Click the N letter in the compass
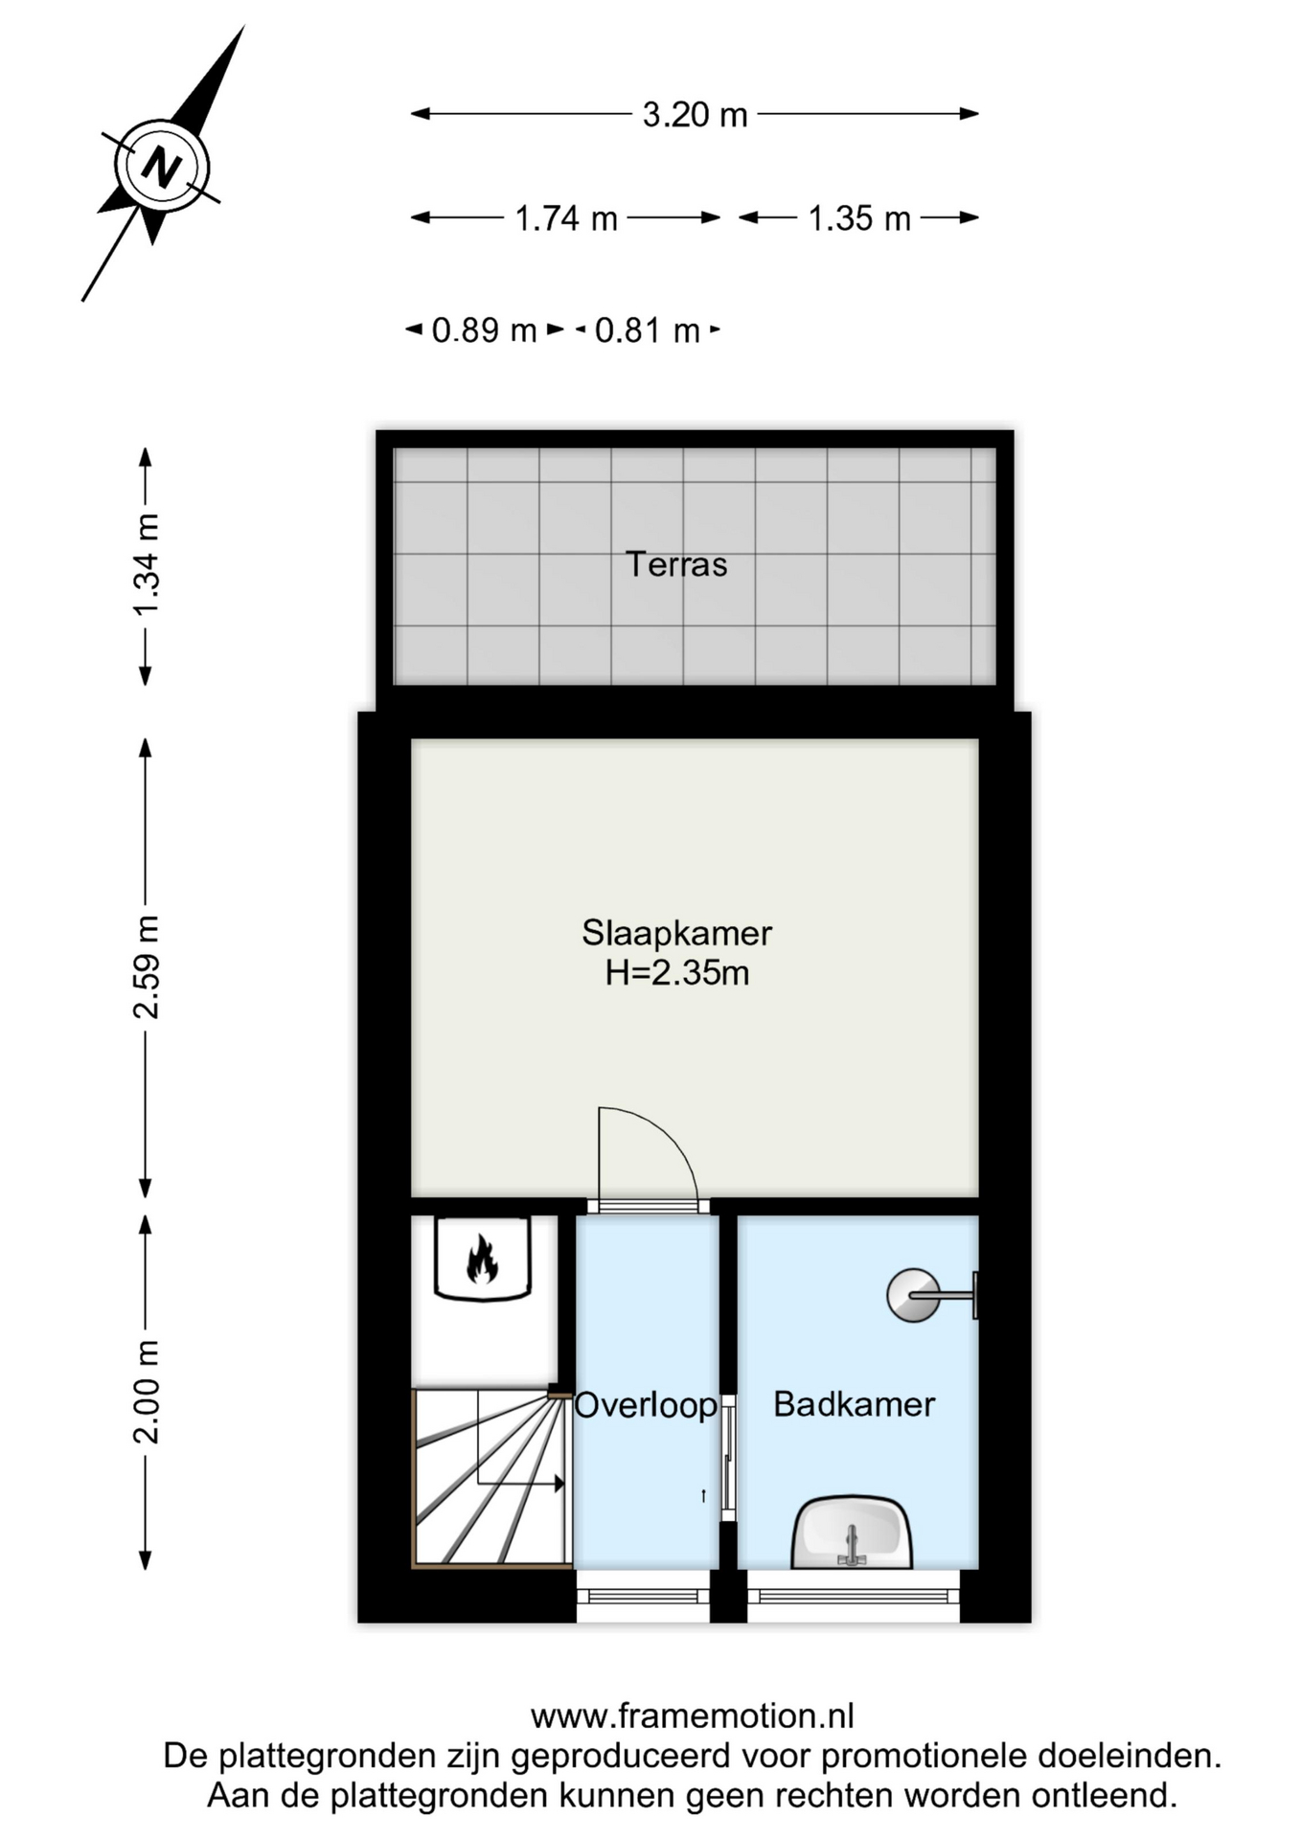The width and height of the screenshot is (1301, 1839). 161,168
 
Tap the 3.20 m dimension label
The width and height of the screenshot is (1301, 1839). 695,115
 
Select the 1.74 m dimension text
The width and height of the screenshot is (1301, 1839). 566,218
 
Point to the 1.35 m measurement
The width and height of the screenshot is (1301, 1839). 859,218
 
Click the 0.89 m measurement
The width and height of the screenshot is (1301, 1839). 484,330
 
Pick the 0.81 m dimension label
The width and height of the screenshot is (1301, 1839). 648,330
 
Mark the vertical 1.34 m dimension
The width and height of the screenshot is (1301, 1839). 147,566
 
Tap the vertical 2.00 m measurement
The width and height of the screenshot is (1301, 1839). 147,1392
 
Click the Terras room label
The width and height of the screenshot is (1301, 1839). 676,564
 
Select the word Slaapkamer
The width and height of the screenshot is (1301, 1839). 676,933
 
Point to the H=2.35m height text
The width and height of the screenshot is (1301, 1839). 676,973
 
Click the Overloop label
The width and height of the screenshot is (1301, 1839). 646,1405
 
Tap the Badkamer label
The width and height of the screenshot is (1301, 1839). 854,1404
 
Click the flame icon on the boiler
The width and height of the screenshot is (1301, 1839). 482,1259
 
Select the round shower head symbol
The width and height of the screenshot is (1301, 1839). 913,1295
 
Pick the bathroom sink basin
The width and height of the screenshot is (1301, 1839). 852,1532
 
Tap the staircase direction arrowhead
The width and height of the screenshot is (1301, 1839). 559,1484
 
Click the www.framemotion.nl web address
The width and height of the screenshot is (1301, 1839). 692,1716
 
